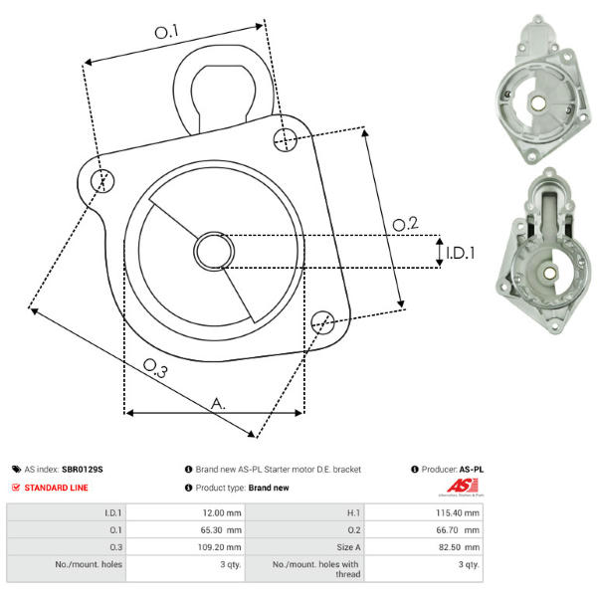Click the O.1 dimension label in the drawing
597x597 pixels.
click(166, 32)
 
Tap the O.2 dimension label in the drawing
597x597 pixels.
click(405, 224)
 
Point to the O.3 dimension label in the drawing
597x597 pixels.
click(155, 368)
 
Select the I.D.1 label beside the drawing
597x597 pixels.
click(461, 253)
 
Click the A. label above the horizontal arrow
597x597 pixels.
click(218, 404)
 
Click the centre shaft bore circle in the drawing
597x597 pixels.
click(214, 251)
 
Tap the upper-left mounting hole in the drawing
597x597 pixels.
click(102, 180)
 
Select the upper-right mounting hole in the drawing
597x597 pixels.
click(286, 139)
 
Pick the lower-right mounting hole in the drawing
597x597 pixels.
click(322, 322)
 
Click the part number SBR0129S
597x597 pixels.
click(83, 469)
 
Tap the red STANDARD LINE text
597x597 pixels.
click(56, 488)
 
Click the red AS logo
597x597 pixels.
click(463, 486)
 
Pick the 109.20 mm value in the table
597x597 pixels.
click(219, 547)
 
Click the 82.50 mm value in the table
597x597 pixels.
click(459, 547)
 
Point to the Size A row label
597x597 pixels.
click(348, 547)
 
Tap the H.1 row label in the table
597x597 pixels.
click(353, 512)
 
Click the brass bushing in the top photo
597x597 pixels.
click(537, 102)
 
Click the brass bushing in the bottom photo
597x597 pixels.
click(549, 273)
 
